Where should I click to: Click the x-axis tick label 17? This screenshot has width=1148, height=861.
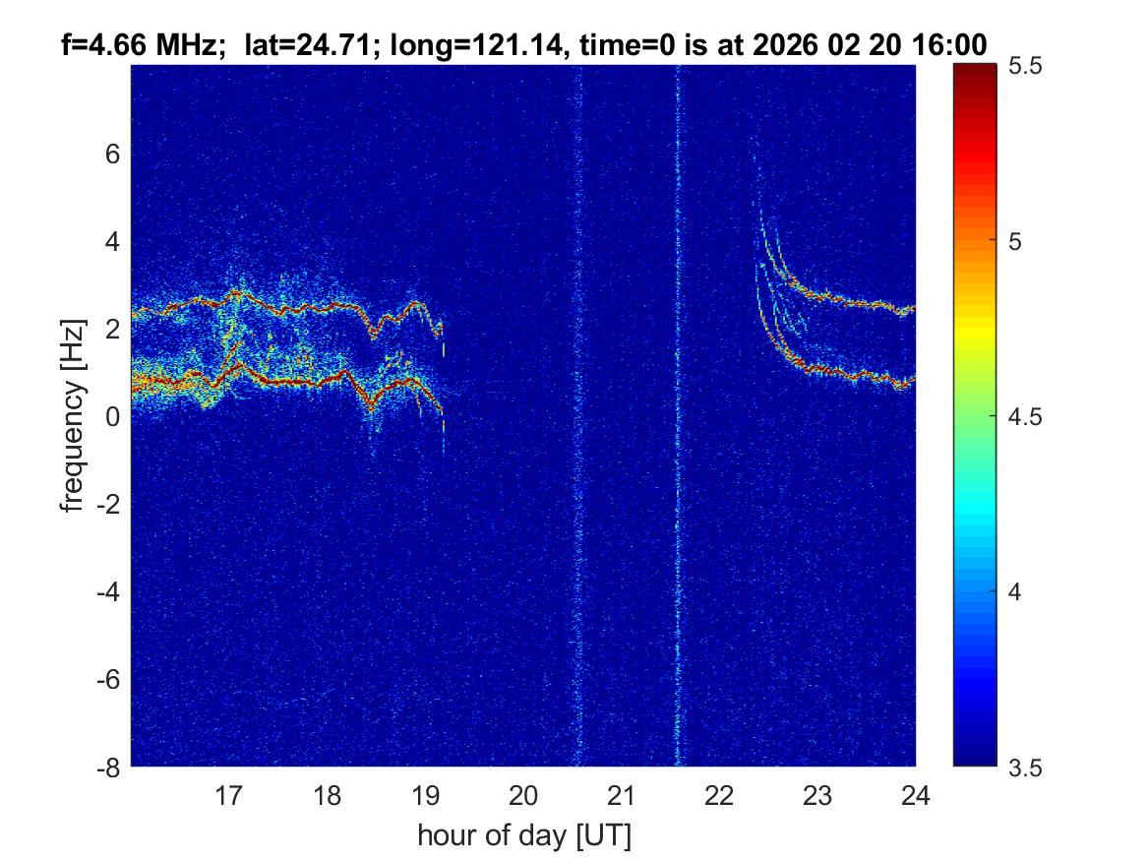[229, 795]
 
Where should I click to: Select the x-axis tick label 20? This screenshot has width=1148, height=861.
[523, 795]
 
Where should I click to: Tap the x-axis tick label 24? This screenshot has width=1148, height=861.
[916, 795]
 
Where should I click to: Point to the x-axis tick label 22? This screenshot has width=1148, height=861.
[720, 795]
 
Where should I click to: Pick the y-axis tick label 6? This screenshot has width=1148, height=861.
[113, 154]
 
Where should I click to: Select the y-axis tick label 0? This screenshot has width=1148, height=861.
[113, 417]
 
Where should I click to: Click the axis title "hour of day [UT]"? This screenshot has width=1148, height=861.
[523, 836]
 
